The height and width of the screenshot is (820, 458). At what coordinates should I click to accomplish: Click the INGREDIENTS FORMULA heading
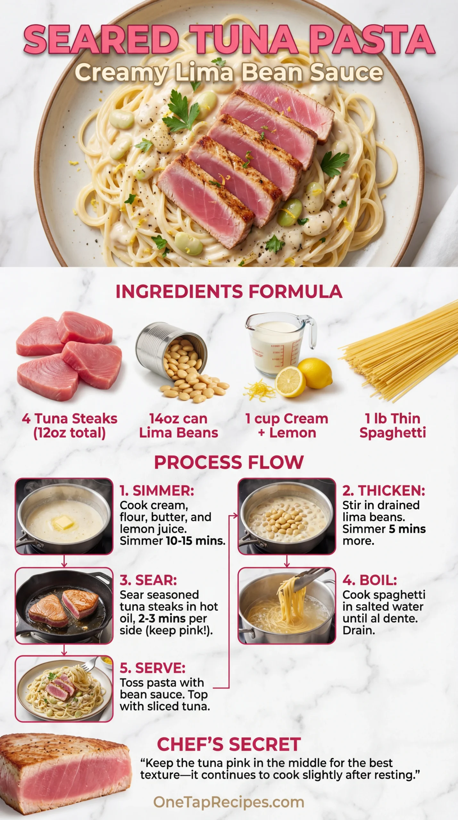click(229, 291)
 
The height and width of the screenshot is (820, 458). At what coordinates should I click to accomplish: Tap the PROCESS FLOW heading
click(229, 463)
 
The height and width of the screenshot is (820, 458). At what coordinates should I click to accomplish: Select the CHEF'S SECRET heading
click(229, 744)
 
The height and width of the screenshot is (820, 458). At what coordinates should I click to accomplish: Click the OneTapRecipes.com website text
click(229, 802)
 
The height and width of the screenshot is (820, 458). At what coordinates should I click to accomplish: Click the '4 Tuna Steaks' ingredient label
click(70, 419)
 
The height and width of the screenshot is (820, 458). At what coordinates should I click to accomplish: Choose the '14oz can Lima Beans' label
click(179, 426)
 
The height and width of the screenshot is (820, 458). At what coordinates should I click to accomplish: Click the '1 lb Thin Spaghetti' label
click(393, 426)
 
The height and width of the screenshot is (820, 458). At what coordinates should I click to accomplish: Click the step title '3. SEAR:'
click(148, 580)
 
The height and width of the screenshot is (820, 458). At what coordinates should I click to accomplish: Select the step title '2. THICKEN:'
click(384, 491)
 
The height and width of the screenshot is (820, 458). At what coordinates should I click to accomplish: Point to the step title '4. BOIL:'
click(370, 580)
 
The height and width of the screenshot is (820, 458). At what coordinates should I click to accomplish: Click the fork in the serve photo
click(91, 664)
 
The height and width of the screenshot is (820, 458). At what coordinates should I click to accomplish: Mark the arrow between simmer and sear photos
click(64, 561)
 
